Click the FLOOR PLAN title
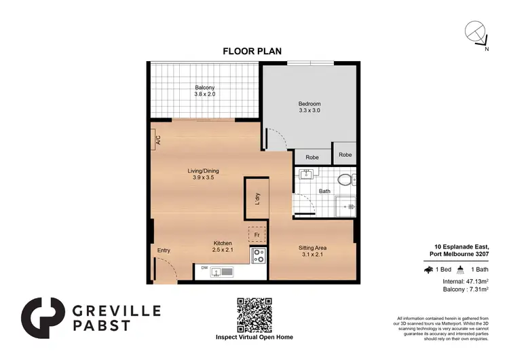[x=252, y=50]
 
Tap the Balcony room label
[x=206, y=91]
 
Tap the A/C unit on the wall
[x=156, y=141]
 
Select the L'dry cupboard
[x=257, y=199]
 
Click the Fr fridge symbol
[x=257, y=235]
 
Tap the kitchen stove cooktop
[x=259, y=256]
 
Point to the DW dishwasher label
[x=204, y=268]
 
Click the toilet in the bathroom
[x=345, y=181]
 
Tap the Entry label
[x=164, y=251]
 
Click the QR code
[x=254, y=314]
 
